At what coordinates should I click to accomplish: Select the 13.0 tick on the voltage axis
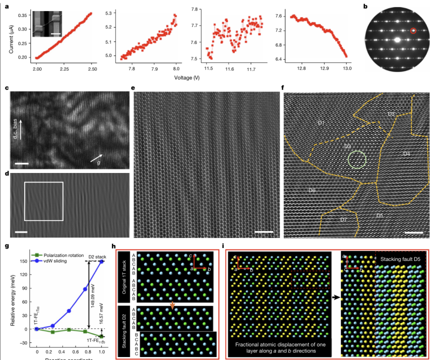347,67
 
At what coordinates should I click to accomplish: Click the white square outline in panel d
43,201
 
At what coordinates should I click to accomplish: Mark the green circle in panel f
357,159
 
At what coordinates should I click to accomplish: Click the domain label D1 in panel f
321,122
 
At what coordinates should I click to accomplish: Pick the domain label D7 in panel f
343,219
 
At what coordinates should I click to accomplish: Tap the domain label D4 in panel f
406,153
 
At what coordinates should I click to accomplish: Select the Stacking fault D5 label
401,260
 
